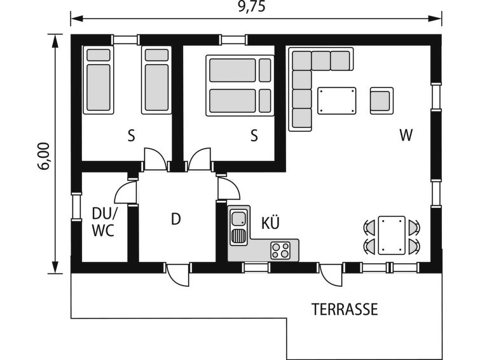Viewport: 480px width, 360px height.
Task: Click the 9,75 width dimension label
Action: [252, 7]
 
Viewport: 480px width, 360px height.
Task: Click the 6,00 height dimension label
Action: [44, 156]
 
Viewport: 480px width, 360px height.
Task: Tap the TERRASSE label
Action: [345, 310]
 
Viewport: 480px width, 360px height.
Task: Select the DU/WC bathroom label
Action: [104, 222]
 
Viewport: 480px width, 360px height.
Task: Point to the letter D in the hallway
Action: [175, 219]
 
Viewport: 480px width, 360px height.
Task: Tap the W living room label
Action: [406, 135]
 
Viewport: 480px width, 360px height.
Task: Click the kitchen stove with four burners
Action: [280, 250]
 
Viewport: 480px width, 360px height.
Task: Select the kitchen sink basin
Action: [239, 219]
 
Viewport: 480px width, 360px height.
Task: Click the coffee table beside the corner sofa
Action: [337, 100]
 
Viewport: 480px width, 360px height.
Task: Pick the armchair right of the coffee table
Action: [381, 100]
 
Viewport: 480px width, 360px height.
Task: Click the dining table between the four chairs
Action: [392, 235]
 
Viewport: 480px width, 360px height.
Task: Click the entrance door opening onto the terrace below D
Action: [177, 275]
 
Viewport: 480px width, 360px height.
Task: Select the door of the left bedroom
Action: [155, 159]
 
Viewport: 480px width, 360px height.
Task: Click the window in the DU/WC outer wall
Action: [76, 207]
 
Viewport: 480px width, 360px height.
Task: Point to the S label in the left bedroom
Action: [131, 135]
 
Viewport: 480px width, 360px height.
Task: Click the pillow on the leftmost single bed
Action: [99, 55]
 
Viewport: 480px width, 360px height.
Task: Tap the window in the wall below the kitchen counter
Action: [256, 268]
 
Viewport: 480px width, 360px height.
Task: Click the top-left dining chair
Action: [369, 227]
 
